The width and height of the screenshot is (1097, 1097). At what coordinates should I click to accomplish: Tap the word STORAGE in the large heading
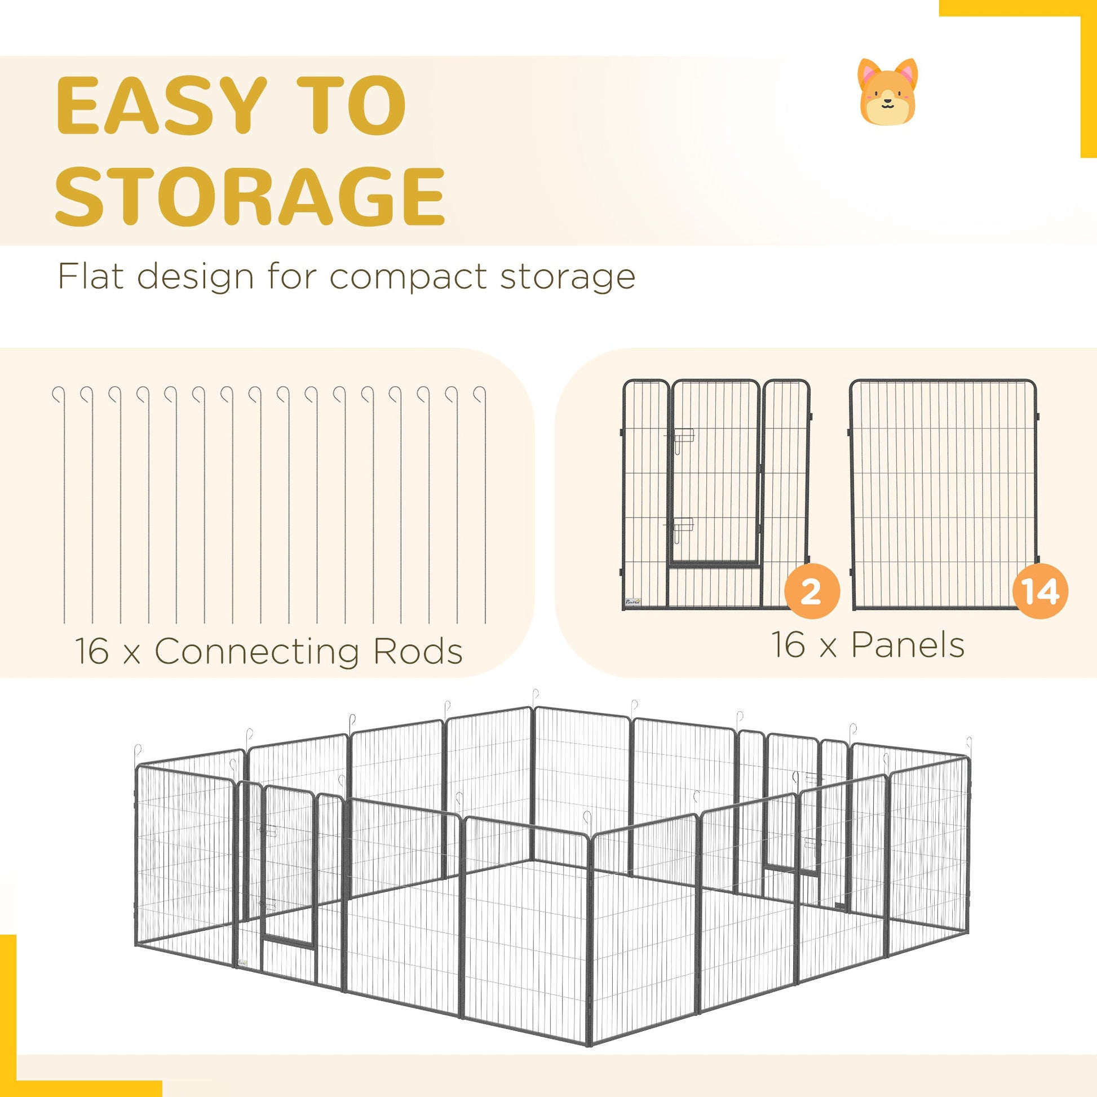pyautogui.click(x=250, y=195)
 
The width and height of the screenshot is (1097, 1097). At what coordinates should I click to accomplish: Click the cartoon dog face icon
pyautogui.click(x=887, y=91)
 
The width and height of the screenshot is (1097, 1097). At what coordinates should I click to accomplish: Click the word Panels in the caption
pyautogui.click(x=908, y=644)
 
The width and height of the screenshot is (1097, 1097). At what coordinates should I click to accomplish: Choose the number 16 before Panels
pyautogui.click(x=789, y=644)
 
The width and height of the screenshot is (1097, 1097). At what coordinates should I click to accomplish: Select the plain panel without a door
pyautogui.click(x=943, y=494)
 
